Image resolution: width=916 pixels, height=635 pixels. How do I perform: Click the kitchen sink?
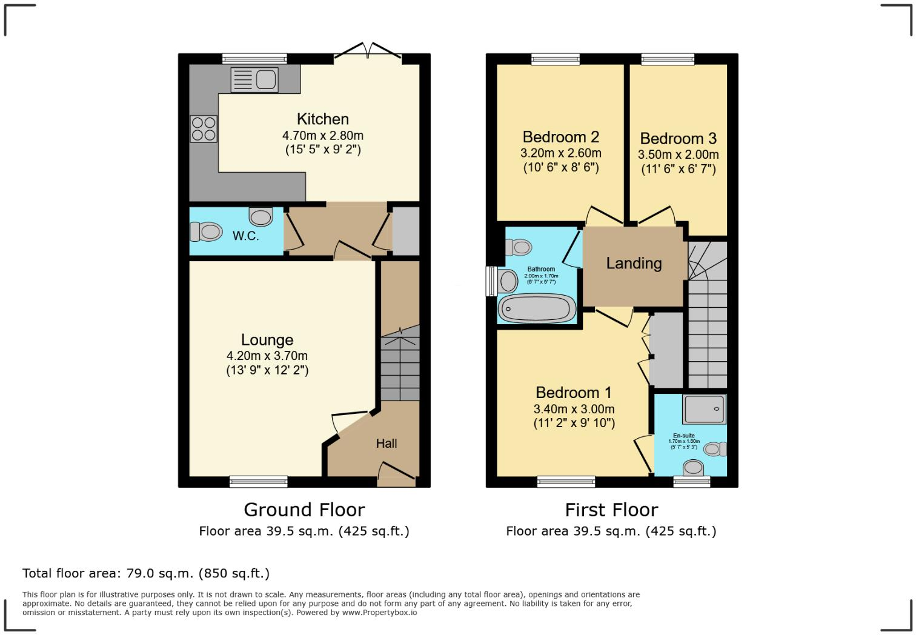pyautogui.click(x=254, y=79)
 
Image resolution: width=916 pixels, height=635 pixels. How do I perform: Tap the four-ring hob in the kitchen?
pyautogui.click(x=204, y=128)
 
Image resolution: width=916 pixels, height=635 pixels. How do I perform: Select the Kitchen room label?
pyautogui.click(x=322, y=119)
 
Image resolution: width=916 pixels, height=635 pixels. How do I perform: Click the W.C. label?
pyautogui.click(x=245, y=236)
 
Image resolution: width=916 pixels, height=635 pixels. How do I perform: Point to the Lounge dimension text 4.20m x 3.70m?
pyautogui.click(x=267, y=356)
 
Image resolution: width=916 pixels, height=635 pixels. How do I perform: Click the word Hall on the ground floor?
pyautogui.click(x=386, y=444)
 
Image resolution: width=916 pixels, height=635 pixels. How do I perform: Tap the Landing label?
pyautogui.click(x=634, y=263)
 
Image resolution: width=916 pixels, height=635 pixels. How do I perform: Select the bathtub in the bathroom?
pyautogui.click(x=537, y=308)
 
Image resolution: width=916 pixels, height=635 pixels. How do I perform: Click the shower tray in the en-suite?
pyautogui.click(x=704, y=410)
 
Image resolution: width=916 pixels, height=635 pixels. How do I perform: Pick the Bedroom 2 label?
pyautogui.click(x=561, y=137)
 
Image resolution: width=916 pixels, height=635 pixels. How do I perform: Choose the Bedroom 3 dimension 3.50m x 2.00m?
pyautogui.click(x=678, y=155)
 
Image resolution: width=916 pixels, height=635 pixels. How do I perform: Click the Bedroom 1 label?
pyautogui.click(x=574, y=393)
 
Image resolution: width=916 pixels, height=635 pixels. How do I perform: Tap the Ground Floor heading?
pyautogui.click(x=304, y=510)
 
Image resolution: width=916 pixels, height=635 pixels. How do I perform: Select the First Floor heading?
pyautogui.click(x=611, y=510)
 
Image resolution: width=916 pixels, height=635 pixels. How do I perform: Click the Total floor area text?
pyautogui.click(x=146, y=573)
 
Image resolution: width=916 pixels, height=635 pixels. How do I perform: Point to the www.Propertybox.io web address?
pyautogui.click(x=379, y=613)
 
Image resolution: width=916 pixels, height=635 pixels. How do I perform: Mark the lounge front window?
pyautogui.click(x=258, y=482)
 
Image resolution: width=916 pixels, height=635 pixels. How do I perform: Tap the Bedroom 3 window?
pyautogui.click(x=668, y=59)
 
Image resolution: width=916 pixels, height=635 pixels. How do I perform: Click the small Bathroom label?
pyautogui.click(x=541, y=269)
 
